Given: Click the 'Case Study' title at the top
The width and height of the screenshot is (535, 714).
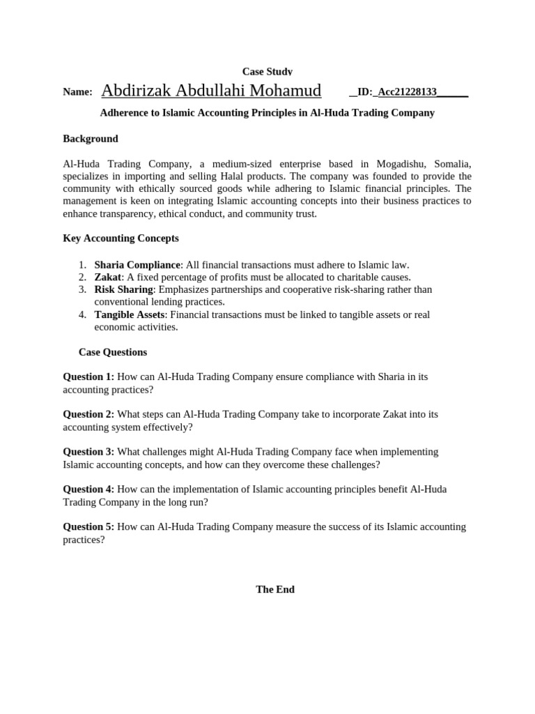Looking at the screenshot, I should coord(267,71).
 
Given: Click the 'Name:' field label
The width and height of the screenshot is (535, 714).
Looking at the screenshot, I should coord(77,92).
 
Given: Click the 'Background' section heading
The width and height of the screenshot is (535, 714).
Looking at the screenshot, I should coord(91,139).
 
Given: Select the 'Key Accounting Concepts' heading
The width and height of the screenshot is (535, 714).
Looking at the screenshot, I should coord(121,238).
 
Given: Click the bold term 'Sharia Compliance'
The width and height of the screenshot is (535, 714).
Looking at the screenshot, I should coord(137,265).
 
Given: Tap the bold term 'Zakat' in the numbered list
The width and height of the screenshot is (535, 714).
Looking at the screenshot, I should coord(108,278).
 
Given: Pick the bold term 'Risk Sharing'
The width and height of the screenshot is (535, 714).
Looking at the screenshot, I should coord(123,289).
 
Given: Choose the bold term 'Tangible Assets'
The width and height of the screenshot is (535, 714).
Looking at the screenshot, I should coord(130,314).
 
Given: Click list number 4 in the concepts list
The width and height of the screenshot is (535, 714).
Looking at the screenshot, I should coord(82,314).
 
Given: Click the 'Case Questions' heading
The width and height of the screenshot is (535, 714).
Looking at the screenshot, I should coord(113,352).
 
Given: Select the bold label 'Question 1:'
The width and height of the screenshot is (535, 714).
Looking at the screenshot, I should coord(88,377).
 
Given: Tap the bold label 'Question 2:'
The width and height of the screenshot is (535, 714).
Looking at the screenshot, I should coord(88,414).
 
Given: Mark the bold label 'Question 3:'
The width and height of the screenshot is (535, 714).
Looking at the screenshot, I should coord(88,452).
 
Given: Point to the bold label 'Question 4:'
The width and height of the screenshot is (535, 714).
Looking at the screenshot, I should coord(88,489).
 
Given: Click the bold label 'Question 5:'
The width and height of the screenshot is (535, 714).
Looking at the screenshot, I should coord(88,527).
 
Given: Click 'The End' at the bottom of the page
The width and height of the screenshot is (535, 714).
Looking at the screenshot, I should coord(275,589).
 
